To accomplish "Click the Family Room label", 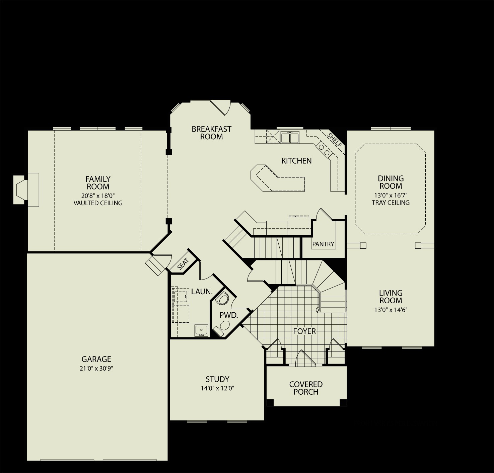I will [x=98, y=183].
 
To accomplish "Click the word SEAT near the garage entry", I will [x=183, y=264].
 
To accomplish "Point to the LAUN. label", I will [x=202, y=292].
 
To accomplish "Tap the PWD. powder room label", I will [x=228, y=315].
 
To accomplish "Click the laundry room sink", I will [x=201, y=330].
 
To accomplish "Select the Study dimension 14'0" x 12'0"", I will [x=217, y=388].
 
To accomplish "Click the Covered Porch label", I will [x=306, y=388].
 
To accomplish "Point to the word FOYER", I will [x=304, y=331].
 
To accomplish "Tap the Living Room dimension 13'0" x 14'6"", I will [x=391, y=310].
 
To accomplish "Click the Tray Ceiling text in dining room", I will [x=391, y=203].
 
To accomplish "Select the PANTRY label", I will [x=323, y=244].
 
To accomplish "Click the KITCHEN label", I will [x=296, y=161].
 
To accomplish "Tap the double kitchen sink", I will [x=290, y=137].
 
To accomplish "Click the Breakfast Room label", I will [x=211, y=133].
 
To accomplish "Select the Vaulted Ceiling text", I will [x=98, y=203].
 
